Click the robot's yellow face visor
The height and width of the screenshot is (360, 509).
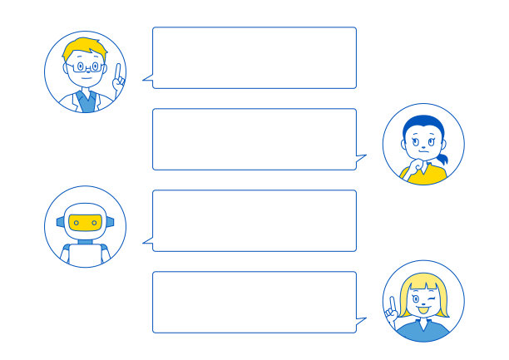86,222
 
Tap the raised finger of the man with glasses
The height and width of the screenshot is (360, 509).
118,72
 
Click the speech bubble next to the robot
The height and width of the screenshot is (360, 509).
254,220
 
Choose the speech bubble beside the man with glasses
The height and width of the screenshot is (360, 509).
254,57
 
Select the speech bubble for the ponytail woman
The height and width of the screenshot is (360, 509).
254,139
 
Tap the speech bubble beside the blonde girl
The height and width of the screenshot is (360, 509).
254,302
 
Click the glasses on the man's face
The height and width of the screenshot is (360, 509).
86,66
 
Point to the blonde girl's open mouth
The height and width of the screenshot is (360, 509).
423,311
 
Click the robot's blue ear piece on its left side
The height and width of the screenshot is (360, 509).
61,222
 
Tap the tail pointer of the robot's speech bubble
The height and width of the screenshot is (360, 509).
147,243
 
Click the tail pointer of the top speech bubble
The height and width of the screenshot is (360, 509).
147,80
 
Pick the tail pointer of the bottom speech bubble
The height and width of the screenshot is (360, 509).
361,320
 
